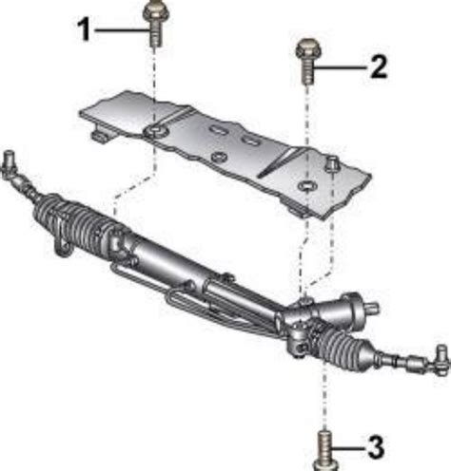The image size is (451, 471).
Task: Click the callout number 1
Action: [x=85, y=29]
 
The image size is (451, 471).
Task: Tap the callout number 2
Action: [x=379, y=66]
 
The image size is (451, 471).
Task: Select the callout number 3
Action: [x=376, y=447]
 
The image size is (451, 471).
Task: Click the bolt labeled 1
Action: [x=154, y=24]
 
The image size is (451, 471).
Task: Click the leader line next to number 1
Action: [x=121, y=30]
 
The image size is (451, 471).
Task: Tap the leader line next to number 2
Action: [x=340, y=67]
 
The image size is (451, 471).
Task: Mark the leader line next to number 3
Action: [x=348, y=447]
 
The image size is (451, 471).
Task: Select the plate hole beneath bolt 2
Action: [x=306, y=186]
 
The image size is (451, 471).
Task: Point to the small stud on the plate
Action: [x=332, y=162]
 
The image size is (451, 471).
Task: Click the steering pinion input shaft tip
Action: [x=374, y=308]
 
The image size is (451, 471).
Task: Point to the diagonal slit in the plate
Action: [x=279, y=162]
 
